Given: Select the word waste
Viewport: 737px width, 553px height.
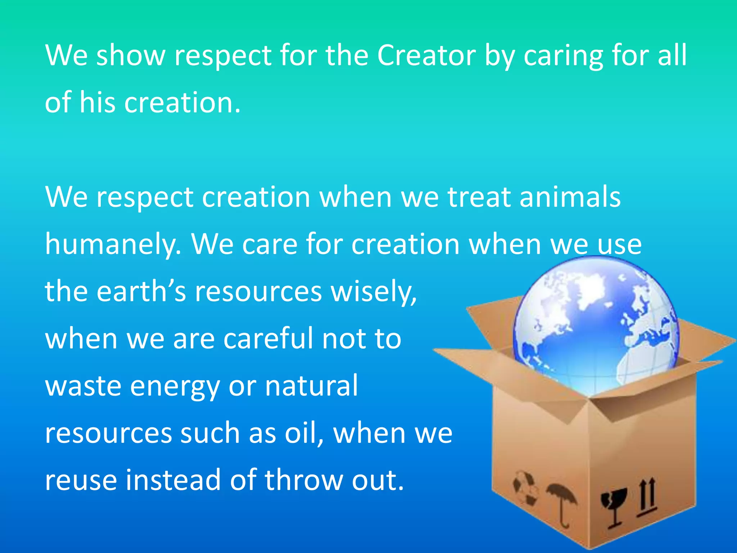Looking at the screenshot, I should click(x=83, y=386).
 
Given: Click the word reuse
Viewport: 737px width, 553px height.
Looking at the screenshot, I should click(x=81, y=480).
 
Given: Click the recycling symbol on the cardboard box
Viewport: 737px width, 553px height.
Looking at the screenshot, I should click(x=525, y=488).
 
